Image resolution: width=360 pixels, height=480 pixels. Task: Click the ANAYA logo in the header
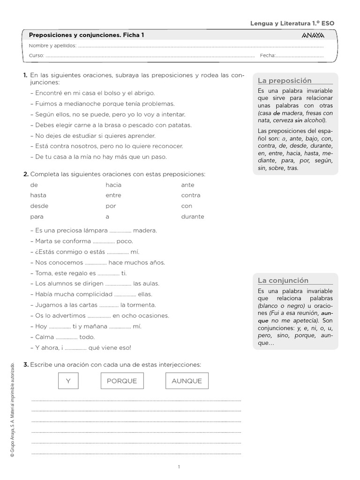[x=313, y=36]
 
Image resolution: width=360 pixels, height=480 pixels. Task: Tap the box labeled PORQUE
[x=122, y=381]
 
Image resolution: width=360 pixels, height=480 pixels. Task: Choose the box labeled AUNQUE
[x=187, y=381]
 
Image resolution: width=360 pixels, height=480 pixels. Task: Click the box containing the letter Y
[x=68, y=381]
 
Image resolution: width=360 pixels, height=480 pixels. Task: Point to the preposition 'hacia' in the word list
[x=113, y=185]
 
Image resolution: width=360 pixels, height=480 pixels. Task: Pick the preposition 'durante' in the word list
[x=193, y=217]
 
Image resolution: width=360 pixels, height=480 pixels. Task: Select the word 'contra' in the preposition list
[x=190, y=195]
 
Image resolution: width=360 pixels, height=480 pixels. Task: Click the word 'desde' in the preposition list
[x=39, y=206]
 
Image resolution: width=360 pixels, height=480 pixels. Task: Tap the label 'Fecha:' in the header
[x=267, y=55]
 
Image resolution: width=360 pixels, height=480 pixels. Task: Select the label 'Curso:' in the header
[x=37, y=55]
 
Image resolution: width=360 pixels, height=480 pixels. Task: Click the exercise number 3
[x=25, y=364]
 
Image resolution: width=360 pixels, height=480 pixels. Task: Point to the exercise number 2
[x=25, y=174]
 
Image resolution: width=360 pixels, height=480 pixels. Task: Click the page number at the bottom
[x=179, y=466]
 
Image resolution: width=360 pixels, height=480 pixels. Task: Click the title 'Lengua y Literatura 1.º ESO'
[x=292, y=23]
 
